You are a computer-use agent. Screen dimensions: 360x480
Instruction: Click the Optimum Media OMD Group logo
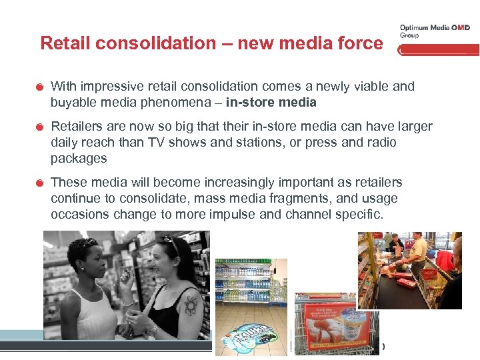[434, 31]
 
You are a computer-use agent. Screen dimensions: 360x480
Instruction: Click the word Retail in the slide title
[65, 44]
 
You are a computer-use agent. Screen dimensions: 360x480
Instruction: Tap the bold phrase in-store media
[271, 103]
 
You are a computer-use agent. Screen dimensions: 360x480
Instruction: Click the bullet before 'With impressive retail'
[41, 87]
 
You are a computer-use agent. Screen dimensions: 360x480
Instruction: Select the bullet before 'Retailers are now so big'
[41, 127]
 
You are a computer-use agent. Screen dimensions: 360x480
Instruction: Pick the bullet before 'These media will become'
[41, 183]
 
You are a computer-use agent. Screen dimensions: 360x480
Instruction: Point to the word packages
[79, 159]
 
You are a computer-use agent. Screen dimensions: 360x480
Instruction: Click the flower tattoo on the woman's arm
[192, 305]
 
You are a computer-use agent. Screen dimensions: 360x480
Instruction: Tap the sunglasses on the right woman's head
[171, 241]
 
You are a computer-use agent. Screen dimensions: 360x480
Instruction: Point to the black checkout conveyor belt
[400, 293]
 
